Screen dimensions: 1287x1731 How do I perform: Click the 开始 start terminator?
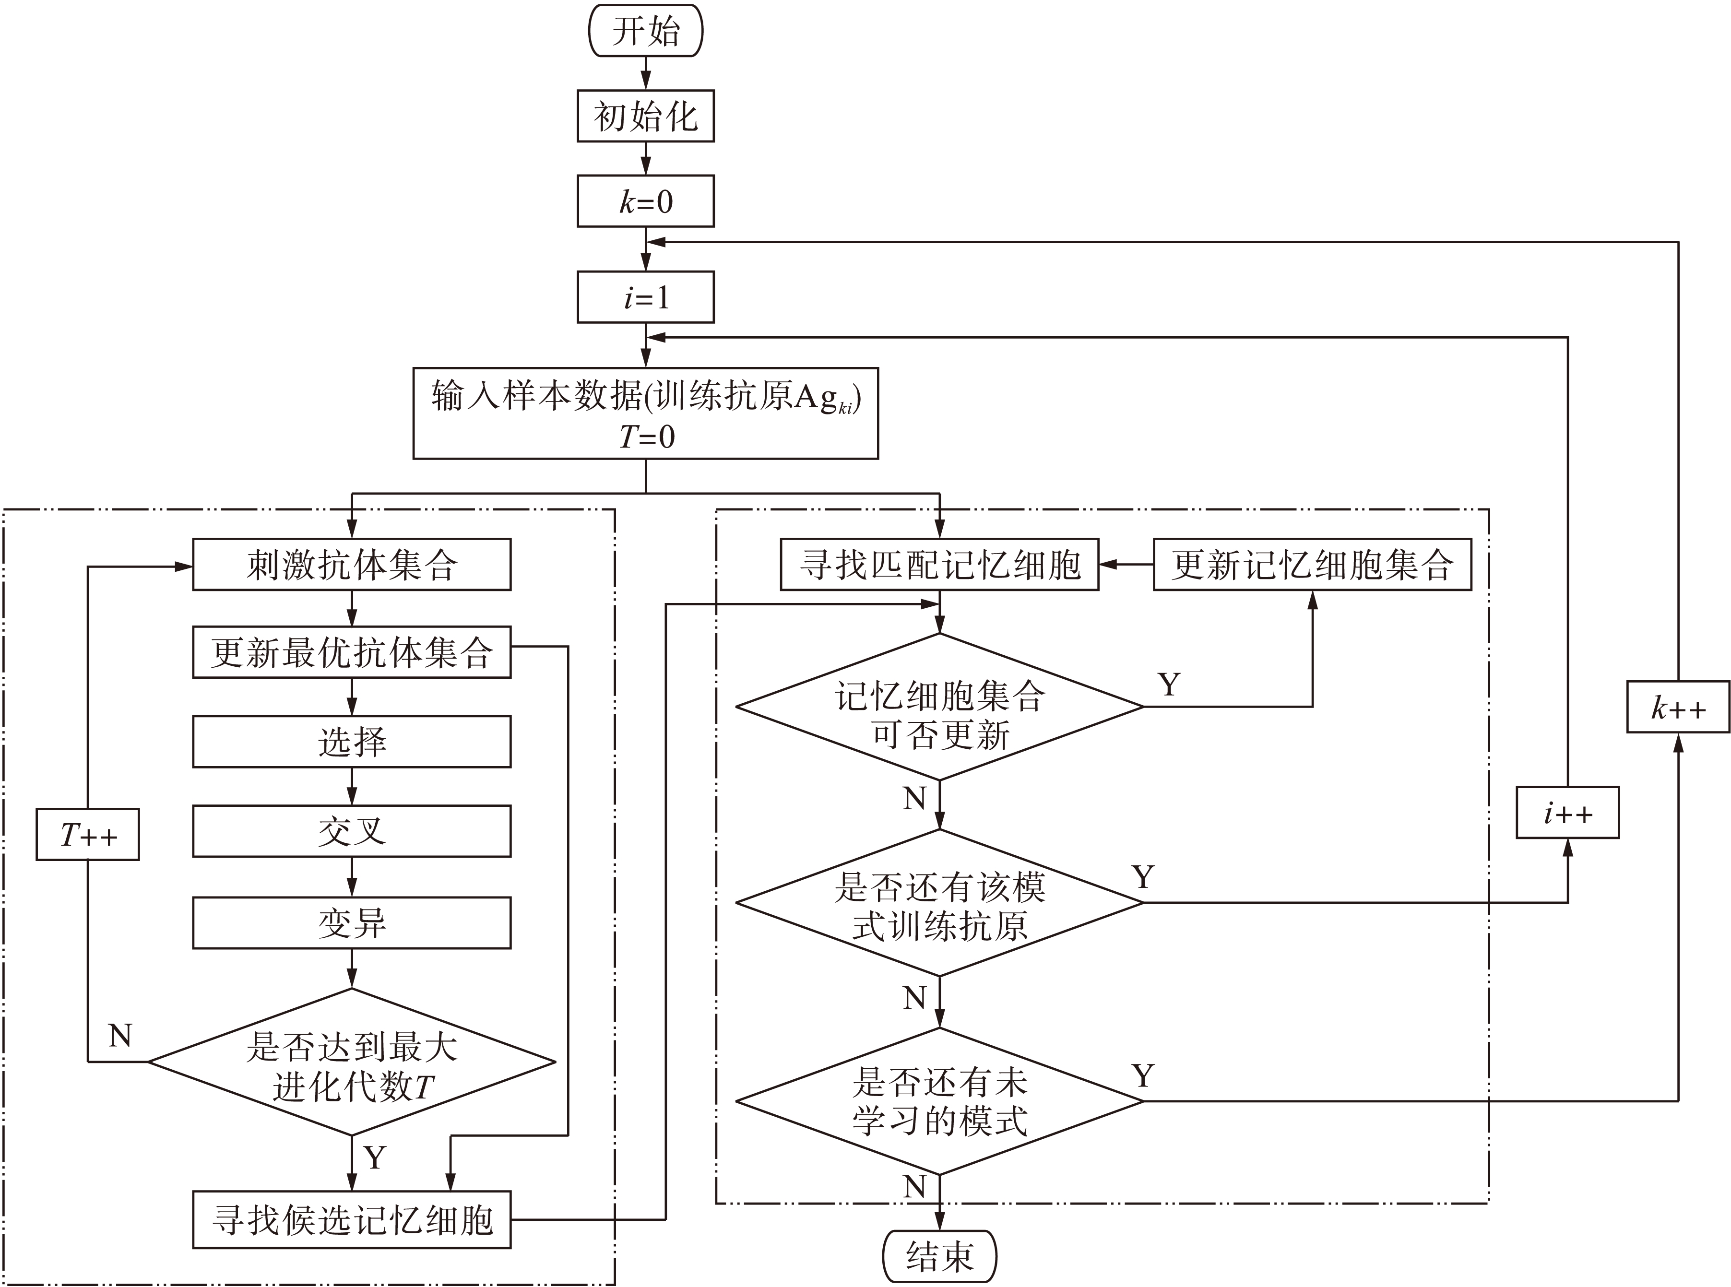pos(646,31)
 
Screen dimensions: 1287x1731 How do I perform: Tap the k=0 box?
pos(646,202)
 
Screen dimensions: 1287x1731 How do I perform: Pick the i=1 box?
pos(646,297)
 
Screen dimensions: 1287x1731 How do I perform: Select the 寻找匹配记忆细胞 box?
pos(939,565)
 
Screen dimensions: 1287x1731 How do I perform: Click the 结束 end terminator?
pos(939,1256)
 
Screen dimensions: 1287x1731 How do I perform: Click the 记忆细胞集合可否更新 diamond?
pos(939,707)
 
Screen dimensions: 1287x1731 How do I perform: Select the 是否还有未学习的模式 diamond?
pos(939,1101)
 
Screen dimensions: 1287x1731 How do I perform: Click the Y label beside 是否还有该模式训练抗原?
pos(1143,878)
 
